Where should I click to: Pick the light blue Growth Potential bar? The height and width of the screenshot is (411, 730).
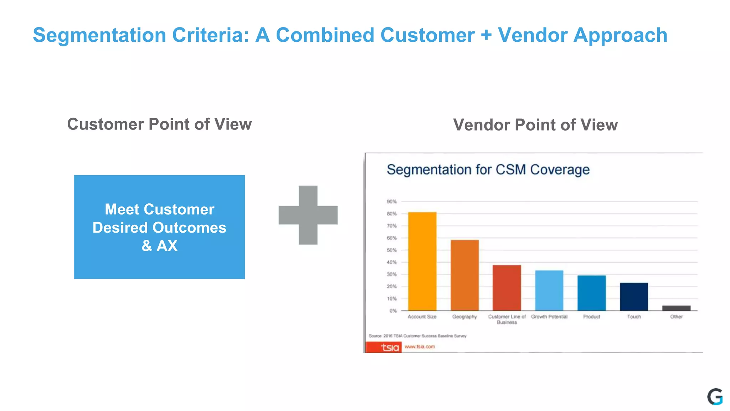pos(549,290)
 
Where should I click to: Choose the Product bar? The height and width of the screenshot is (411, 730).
pos(591,293)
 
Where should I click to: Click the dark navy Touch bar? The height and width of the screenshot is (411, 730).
pos(634,296)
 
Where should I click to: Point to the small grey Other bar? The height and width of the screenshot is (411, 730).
pos(676,308)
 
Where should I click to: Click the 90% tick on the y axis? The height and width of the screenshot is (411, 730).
pos(391,202)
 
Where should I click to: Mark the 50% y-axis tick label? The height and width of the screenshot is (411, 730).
pos(391,250)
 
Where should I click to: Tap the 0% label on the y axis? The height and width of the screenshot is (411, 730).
pos(392,311)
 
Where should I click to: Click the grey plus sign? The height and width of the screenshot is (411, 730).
pos(308,215)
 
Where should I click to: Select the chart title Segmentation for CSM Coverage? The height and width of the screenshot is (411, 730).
pos(488,170)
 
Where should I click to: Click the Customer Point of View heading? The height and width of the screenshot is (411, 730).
pos(159,124)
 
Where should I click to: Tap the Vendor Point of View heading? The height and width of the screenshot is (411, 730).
pos(535,125)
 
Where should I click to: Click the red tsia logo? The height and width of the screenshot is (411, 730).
pos(384,347)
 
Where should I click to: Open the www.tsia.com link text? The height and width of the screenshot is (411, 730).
pos(420,346)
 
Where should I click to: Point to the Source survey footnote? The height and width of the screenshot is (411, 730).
pos(417,336)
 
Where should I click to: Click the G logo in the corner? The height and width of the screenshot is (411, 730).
pos(715,397)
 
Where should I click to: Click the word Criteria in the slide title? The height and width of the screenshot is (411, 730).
pos(211,35)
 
